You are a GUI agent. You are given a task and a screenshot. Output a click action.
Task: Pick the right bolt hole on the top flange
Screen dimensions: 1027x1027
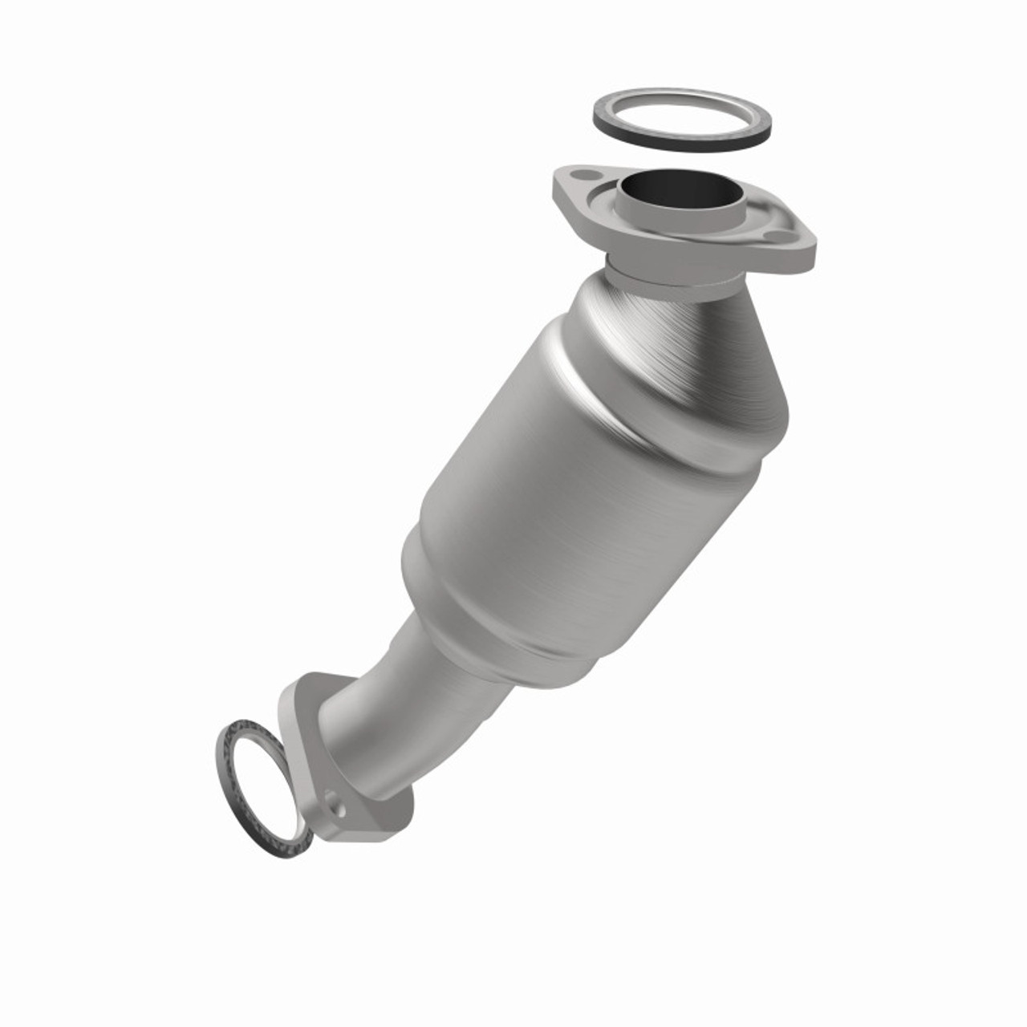776,237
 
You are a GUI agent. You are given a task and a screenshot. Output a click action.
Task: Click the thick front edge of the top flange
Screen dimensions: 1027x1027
682,253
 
